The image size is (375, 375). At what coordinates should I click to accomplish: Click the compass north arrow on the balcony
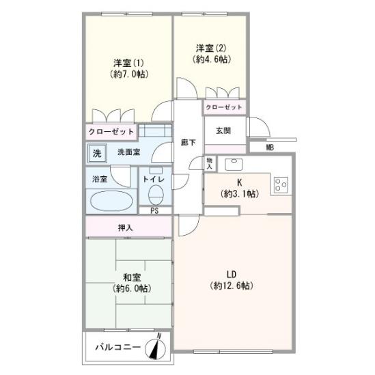(156, 347)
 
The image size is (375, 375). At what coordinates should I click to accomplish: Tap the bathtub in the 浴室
(111, 201)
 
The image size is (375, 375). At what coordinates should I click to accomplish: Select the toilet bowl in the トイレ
(156, 195)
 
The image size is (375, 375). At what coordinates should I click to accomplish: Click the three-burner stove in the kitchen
(281, 185)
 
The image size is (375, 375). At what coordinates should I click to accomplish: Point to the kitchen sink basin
(234, 165)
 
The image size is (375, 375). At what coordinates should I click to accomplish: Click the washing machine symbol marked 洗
(97, 153)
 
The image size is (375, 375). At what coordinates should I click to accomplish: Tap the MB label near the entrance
(270, 148)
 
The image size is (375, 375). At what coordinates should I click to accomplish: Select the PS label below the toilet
(154, 210)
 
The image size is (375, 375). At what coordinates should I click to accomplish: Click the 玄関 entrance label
(223, 131)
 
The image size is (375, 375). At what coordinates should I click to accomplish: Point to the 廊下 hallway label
(189, 143)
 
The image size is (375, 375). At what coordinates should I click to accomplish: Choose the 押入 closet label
(125, 227)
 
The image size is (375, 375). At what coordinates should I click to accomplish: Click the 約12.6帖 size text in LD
(232, 286)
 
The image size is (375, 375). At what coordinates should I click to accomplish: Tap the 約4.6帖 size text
(212, 59)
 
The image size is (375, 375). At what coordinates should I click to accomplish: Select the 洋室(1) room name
(128, 63)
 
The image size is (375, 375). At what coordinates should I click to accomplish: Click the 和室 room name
(132, 277)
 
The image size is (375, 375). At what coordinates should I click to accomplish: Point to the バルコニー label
(118, 347)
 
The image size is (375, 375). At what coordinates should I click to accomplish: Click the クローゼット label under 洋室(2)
(224, 107)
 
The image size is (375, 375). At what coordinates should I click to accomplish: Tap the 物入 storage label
(210, 163)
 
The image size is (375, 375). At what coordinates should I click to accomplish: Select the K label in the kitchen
(239, 183)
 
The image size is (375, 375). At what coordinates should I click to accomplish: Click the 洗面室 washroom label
(129, 152)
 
